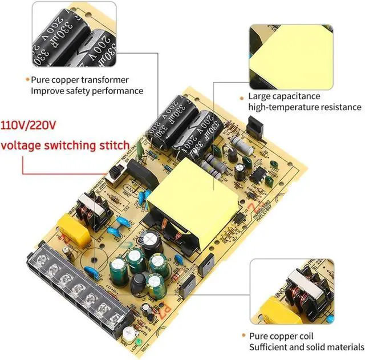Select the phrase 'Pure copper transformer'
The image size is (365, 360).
(x=80, y=80)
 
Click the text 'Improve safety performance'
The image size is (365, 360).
(x=87, y=91)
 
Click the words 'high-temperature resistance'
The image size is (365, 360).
(x=304, y=107)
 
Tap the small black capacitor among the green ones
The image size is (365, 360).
(x=139, y=283)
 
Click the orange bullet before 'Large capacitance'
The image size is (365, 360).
(x=242, y=97)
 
